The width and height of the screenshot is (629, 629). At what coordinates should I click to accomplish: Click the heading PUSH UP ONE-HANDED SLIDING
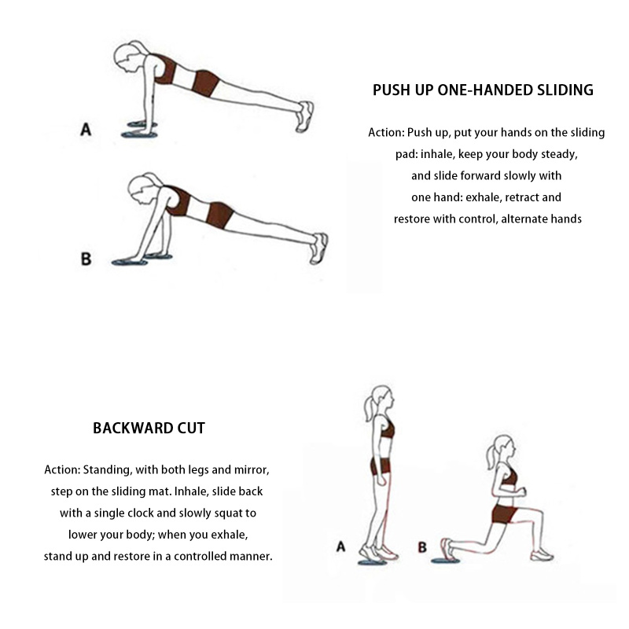tap(483, 90)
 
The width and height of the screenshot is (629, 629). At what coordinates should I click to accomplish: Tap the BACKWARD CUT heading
tap(149, 429)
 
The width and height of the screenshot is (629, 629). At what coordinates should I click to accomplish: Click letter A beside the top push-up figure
tap(86, 130)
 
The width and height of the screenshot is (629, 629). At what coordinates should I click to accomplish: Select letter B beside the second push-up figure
tap(86, 259)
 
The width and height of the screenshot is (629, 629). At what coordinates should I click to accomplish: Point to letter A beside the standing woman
tap(340, 546)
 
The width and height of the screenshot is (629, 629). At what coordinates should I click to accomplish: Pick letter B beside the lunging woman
tap(422, 547)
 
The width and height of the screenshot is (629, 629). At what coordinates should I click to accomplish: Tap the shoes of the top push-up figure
tap(305, 116)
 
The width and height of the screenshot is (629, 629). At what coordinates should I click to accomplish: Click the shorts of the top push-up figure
tap(206, 83)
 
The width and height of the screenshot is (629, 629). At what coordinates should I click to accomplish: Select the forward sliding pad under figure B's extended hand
tap(129, 263)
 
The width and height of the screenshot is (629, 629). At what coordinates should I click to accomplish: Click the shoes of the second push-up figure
tap(319, 248)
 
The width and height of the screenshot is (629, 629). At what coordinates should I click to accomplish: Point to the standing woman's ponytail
tap(368, 408)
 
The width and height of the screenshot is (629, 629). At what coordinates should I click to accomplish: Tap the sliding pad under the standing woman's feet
tap(373, 562)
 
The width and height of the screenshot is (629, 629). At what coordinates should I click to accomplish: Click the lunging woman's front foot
tap(542, 555)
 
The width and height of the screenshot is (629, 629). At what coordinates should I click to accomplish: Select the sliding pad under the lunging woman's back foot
tap(445, 560)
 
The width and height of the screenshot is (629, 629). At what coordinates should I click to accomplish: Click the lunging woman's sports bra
tap(509, 476)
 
